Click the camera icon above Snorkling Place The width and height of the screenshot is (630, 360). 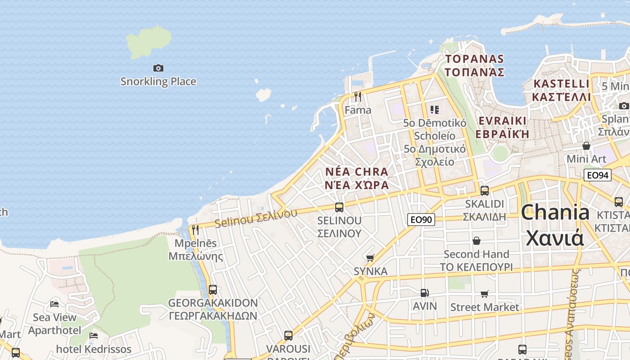tap(158, 68)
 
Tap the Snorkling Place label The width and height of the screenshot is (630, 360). tap(158, 81)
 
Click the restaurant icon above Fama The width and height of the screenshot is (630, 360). tap(358, 97)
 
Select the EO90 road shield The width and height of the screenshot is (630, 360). tap(421, 220)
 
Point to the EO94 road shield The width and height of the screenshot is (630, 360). tap(597, 175)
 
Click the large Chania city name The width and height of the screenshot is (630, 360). tap(555, 212)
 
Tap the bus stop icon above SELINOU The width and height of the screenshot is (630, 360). tap(339, 207)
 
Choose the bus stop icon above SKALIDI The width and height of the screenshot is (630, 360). tap(485, 190)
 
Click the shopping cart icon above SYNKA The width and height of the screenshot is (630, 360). tap(370, 258)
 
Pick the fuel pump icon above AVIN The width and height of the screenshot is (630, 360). tap(425, 293)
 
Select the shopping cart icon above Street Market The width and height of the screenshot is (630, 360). tap(485, 294)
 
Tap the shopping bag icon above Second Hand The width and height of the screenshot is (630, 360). tap(477, 241)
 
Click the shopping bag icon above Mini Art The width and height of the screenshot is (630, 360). tap(586, 146)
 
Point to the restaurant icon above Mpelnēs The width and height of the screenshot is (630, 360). tap(195, 230)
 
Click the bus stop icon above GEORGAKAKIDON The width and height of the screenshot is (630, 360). tap(213, 290)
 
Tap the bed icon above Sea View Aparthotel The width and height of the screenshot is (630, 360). tap(54, 304)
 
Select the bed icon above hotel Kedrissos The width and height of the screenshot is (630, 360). tap(94, 336)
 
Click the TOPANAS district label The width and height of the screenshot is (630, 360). tap(474, 59)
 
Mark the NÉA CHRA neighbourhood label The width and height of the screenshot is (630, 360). tap(357, 172)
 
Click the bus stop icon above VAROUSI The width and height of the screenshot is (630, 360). tap(288, 336)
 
